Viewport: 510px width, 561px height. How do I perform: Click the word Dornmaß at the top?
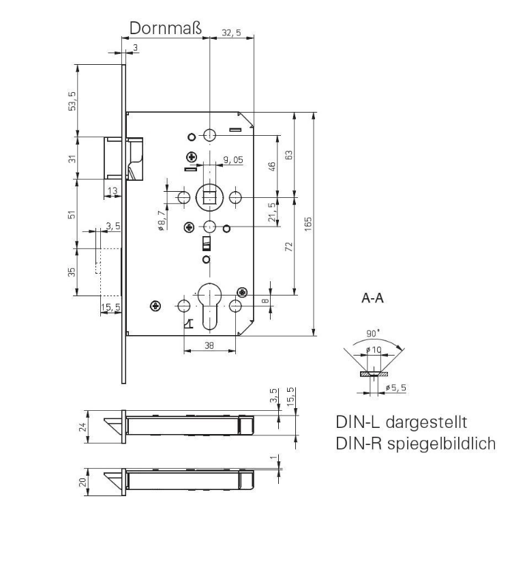click(x=166, y=28)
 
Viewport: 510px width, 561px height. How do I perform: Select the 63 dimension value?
click(x=289, y=156)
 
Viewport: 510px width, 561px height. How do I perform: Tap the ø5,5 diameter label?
click(x=395, y=388)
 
